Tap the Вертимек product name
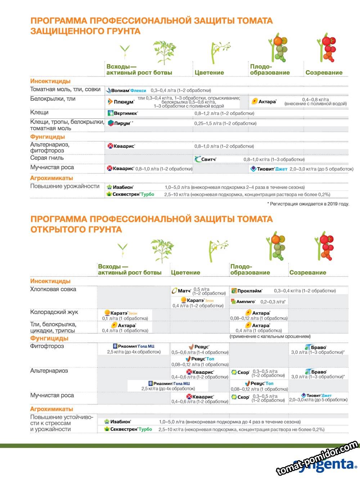[125, 113]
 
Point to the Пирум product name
[122, 124]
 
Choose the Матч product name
[184, 291]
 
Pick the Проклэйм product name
[249, 291]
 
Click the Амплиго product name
[246, 302]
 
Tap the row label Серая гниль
[47, 158]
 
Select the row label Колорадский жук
[54, 312]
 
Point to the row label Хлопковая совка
[53, 289]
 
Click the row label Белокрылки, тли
[53, 99]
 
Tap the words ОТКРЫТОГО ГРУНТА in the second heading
[76, 229]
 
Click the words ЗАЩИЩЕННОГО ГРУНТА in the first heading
[85, 31]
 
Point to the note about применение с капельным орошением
[270, 336]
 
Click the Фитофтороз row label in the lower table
[47, 346]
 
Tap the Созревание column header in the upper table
[324, 72]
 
